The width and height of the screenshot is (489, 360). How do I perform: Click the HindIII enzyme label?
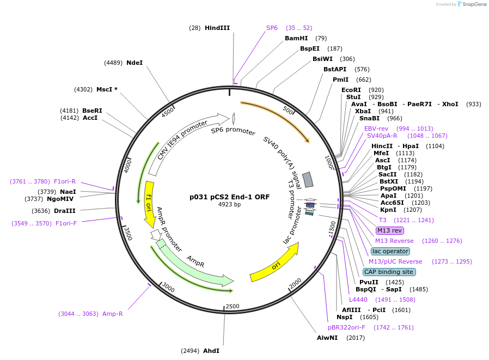[x=217, y=28]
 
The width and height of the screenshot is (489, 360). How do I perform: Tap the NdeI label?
[x=135, y=63]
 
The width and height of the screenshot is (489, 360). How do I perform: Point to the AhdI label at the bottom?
[x=211, y=351]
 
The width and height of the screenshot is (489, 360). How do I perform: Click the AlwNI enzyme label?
[x=327, y=338]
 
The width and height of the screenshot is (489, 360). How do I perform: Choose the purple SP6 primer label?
[x=272, y=28]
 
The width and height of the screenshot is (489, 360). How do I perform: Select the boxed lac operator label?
[x=390, y=251]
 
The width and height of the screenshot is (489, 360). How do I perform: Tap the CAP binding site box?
[x=389, y=272]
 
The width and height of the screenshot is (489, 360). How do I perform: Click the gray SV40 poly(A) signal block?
[x=308, y=179]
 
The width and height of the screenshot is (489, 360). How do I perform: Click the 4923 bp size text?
[x=229, y=205]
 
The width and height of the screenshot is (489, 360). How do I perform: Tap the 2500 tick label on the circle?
[x=233, y=307]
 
